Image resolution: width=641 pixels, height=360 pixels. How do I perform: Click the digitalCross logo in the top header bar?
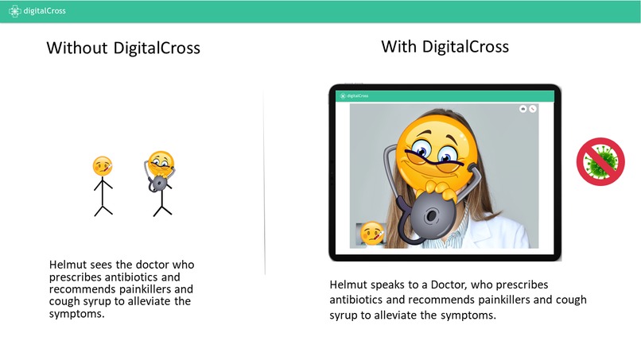(x=37, y=11)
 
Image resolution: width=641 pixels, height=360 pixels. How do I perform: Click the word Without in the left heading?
(x=76, y=48)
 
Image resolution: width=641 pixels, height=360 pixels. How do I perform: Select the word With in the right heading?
(x=399, y=46)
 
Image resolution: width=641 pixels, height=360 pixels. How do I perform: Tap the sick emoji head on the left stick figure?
(x=103, y=165)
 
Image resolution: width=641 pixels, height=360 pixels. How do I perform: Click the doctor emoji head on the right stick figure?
(x=161, y=162)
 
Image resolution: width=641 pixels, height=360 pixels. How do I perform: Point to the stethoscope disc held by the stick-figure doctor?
(x=159, y=184)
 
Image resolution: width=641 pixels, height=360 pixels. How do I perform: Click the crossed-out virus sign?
(x=600, y=161)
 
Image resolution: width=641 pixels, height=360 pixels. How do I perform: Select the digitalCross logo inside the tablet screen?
(x=355, y=95)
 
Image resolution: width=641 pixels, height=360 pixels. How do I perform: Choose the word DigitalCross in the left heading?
(x=155, y=48)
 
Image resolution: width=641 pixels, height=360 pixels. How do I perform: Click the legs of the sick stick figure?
(x=103, y=207)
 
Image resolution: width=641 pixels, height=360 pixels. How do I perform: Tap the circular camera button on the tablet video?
(x=523, y=109)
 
